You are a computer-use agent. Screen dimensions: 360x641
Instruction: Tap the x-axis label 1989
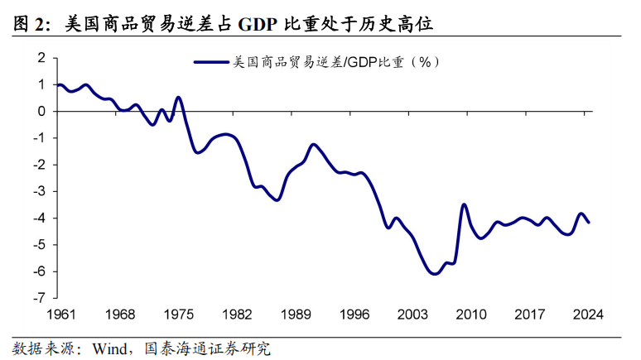[x=296, y=314]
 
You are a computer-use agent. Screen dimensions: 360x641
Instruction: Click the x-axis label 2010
[x=471, y=314]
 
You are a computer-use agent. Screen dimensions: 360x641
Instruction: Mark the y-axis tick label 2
[x=39, y=58]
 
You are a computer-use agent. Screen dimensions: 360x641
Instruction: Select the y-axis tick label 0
[x=39, y=111]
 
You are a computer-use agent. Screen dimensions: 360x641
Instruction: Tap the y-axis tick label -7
[x=37, y=298]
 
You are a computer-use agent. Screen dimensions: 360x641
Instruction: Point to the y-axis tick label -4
[x=37, y=218]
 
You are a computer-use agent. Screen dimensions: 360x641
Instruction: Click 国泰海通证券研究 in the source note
[x=208, y=348]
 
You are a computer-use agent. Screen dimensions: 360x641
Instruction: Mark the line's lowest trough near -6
[x=435, y=274]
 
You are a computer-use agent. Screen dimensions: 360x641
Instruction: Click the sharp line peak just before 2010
[x=464, y=204]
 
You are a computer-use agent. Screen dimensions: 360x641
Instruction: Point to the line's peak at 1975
[x=178, y=98]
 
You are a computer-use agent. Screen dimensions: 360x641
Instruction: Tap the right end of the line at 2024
[x=589, y=222]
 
